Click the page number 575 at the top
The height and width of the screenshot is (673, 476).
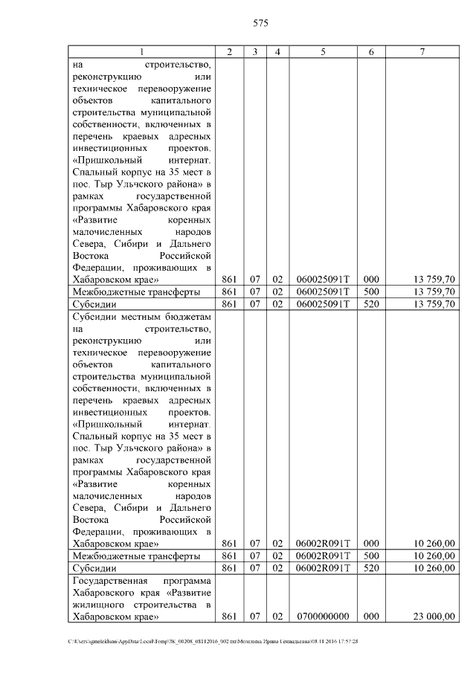(260, 24)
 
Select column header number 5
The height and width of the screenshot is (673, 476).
(323, 51)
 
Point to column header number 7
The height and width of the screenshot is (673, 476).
(422, 51)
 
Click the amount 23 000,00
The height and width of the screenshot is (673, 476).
(434, 616)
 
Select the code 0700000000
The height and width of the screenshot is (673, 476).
(323, 616)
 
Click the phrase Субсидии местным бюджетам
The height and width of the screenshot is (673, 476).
(142, 316)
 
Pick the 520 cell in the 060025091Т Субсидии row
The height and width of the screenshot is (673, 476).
(371, 304)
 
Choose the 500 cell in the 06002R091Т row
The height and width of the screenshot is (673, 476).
(371, 556)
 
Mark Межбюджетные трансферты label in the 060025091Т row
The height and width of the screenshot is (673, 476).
(136, 292)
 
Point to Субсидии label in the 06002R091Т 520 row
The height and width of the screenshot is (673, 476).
(93, 568)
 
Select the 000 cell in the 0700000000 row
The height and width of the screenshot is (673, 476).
(371, 616)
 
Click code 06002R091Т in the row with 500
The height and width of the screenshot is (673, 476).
(323, 556)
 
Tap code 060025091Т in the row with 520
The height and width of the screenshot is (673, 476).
(323, 304)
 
